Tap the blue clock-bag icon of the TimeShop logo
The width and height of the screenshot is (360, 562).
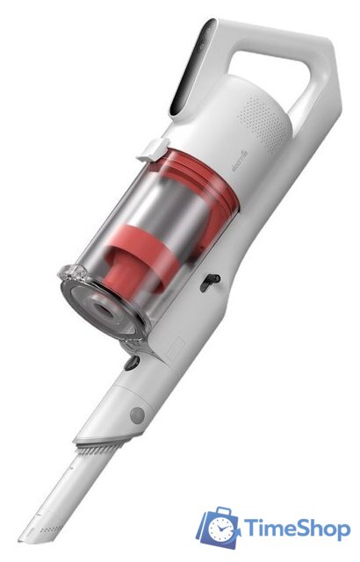click(x=220, y=527)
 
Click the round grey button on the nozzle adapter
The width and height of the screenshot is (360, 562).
click(x=136, y=413)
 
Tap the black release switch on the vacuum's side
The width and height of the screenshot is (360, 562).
click(x=208, y=282)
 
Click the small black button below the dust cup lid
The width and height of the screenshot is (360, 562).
click(x=132, y=360)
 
